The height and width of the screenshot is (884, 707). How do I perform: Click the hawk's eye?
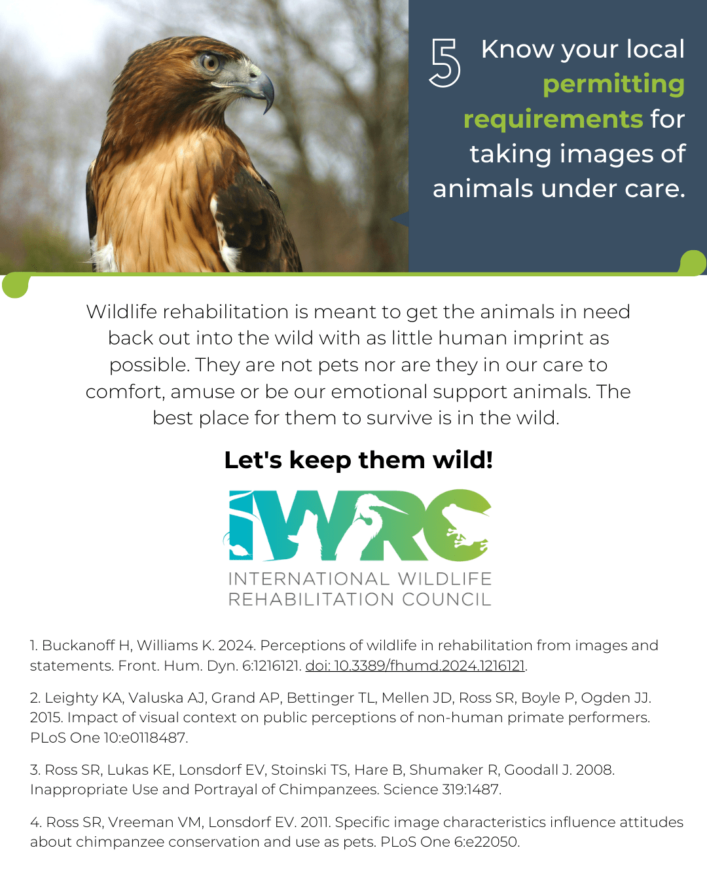point(210,62)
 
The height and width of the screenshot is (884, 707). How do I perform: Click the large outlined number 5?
point(444,63)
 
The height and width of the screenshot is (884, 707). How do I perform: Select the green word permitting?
point(614,84)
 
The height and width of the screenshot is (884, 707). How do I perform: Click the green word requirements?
point(553,120)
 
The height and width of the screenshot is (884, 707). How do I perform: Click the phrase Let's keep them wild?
point(358,460)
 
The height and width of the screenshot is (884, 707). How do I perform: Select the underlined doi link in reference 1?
point(415,665)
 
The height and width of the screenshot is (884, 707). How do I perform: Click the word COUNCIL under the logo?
point(446,599)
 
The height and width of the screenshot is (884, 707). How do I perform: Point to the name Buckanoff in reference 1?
point(78,646)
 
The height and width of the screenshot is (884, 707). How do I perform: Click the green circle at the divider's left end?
point(16,285)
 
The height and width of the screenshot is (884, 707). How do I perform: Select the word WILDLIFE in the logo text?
point(445,579)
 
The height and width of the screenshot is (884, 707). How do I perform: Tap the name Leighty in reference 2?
point(71,698)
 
